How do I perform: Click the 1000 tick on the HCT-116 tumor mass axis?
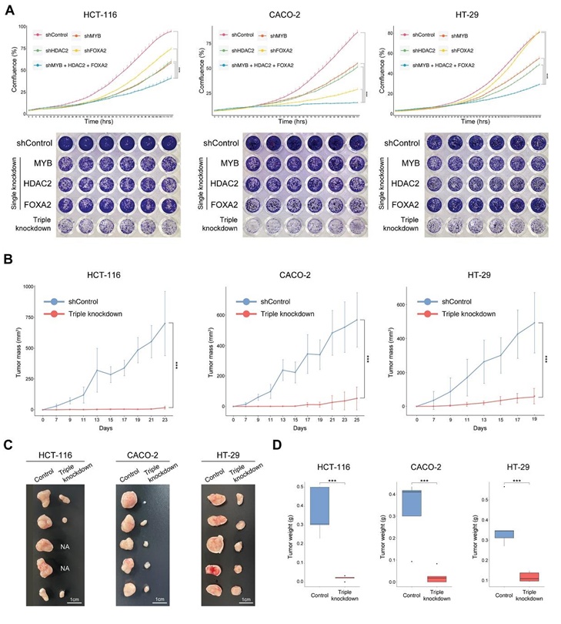point(28,287)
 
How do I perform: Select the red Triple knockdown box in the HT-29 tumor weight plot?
point(529,576)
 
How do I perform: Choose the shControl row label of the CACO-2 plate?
point(223,142)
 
